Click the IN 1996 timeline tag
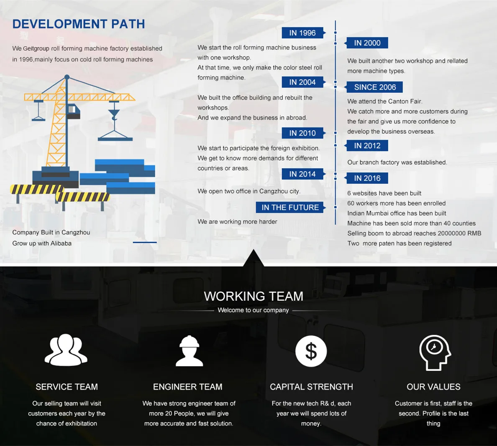click(x=302, y=33)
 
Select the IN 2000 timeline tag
click(x=367, y=43)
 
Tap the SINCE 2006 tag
click(x=374, y=87)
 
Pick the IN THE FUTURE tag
click(x=290, y=208)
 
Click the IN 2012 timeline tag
click(x=367, y=146)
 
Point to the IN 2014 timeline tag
click(x=302, y=174)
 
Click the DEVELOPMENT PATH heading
click(x=79, y=24)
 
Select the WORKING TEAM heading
click(x=254, y=296)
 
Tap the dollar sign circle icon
click(x=311, y=351)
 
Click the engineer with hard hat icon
click(x=189, y=351)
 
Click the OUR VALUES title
click(x=433, y=387)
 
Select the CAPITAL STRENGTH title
click(x=311, y=387)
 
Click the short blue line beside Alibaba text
click(x=145, y=242)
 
